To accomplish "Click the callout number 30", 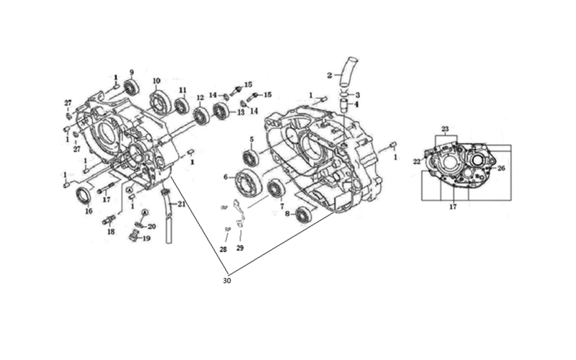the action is pyautogui.click(x=227, y=281).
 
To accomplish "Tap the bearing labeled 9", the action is pyautogui.click(x=131, y=88).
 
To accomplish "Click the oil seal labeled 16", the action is pyautogui.click(x=84, y=196).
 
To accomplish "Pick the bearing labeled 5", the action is pyautogui.click(x=251, y=158).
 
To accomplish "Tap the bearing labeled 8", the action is pyautogui.click(x=303, y=215).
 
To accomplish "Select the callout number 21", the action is pyautogui.click(x=182, y=204).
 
